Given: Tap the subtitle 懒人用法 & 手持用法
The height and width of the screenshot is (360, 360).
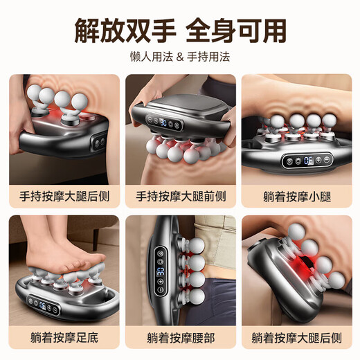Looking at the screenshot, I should pyautogui.click(x=180, y=57).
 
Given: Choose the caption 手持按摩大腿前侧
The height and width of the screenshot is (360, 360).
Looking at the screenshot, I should pyautogui.click(x=180, y=196).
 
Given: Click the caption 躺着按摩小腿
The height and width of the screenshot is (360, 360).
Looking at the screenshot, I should pyautogui.click(x=296, y=196).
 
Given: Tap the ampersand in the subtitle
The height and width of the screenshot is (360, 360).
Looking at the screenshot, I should pyautogui.click(x=180, y=57).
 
